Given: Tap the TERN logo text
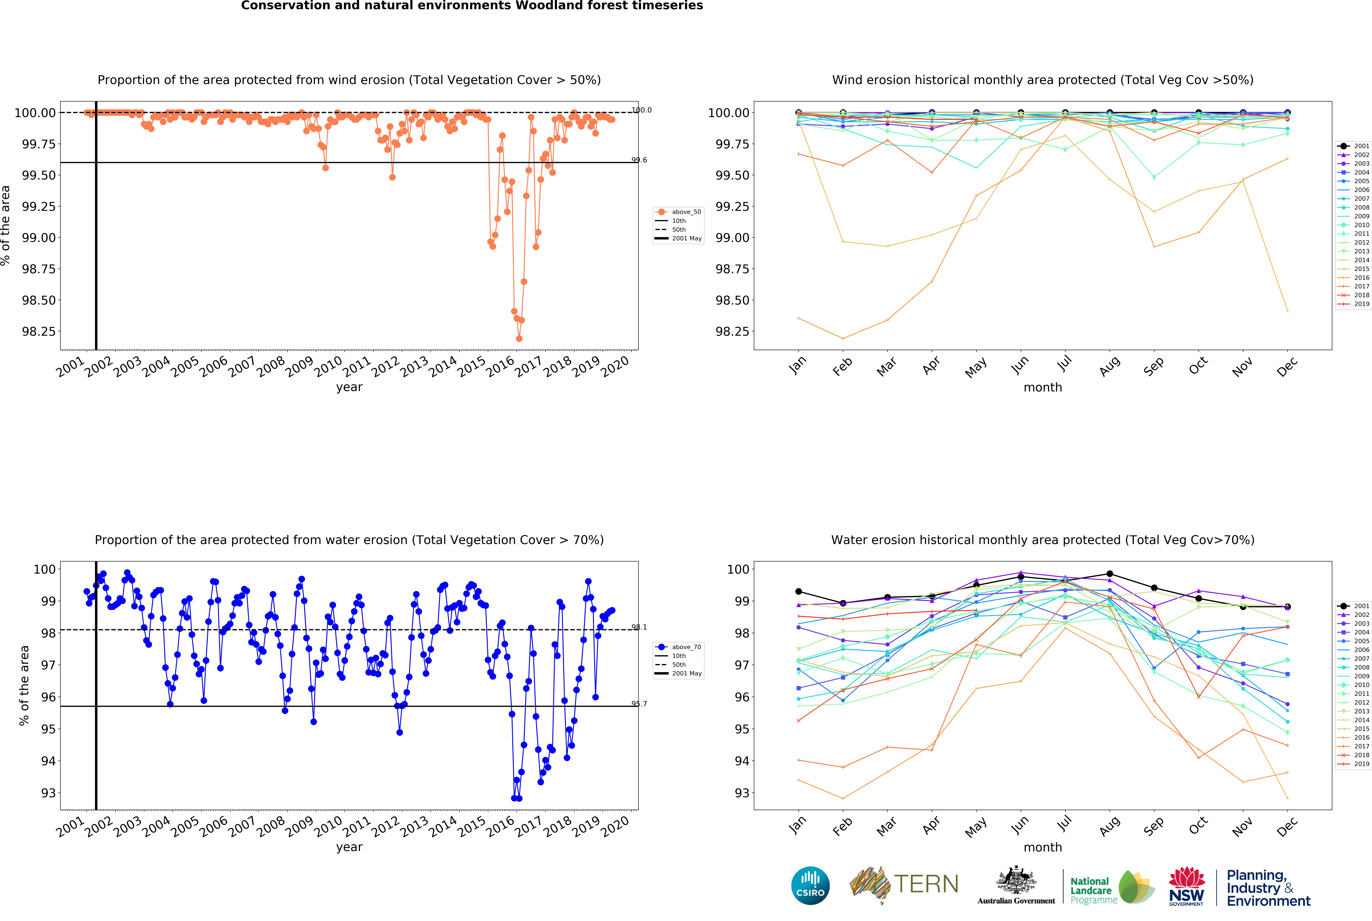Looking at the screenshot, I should coord(926,884).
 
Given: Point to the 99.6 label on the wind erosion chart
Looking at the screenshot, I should coord(639,160).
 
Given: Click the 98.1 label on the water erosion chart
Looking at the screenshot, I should coord(639,627).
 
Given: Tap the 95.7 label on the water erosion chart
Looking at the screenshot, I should coord(639,704).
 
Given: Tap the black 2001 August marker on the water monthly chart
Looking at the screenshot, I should coord(1109,574).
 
